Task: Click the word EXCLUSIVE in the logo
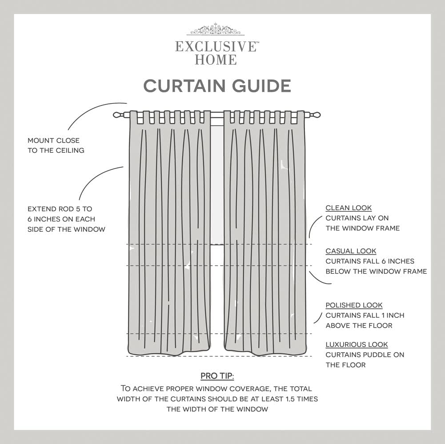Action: click(216, 46)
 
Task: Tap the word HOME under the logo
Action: click(216, 59)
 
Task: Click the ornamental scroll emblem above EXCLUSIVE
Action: click(216, 30)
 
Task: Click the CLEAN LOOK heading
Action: click(349, 208)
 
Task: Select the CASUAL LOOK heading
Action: click(351, 251)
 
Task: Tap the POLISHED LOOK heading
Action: click(354, 305)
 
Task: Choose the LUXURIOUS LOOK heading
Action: click(357, 345)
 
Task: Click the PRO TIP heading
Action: click(217, 376)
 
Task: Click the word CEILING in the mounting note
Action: click(70, 151)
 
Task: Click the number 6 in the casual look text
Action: click(391, 262)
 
